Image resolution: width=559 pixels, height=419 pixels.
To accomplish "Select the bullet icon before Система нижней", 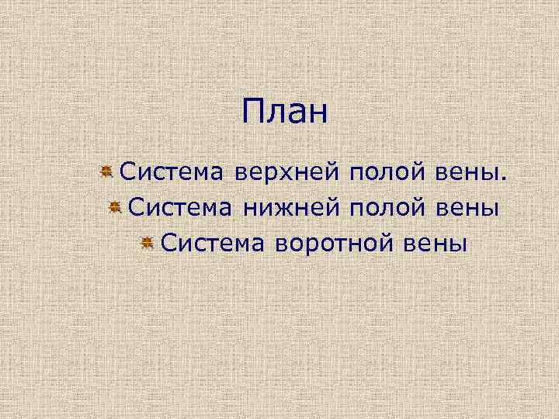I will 113,207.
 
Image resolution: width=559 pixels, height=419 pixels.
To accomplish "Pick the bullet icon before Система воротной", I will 146,244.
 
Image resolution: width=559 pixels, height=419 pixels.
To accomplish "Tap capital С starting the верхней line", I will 127,171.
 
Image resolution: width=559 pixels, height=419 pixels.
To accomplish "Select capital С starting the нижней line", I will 135,207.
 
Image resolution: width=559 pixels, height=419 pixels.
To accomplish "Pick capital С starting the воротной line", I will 168,244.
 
